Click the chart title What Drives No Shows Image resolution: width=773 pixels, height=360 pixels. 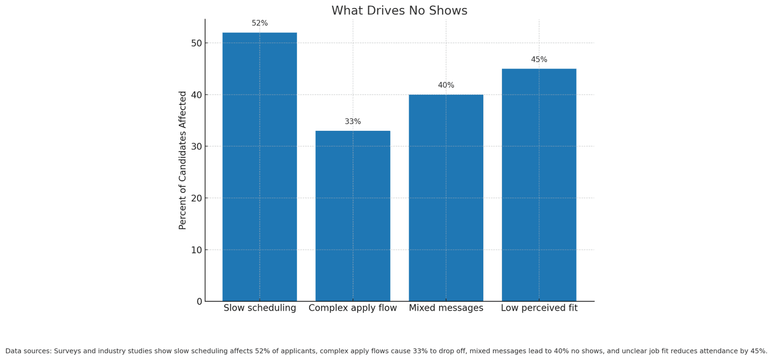pyautogui.click(x=399, y=11)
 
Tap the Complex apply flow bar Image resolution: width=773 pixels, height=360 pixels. pyautogui.click(x=353, y=216)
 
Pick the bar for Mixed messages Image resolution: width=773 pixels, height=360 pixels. pyautogui.click(x=446, y=198)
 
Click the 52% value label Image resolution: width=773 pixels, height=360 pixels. pyautogui.click(x=260, y=23)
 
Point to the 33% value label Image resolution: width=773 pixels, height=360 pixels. pyautogui.click(x=353, y=122)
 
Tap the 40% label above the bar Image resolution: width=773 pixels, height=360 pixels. pyautogui.click(x=446, y=85)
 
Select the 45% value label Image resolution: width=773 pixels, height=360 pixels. pyautogui.click(x=539, y=60)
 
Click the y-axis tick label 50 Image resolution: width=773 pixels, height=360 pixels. pyautogui.click(x=196, y=44)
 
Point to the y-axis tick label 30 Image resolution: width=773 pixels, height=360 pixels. pyautogui.click(x=196, y=147)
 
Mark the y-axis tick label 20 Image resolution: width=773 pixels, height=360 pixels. pyautogui.click(x=196, y=199)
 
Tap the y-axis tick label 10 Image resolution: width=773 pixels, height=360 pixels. pyautogui.click(x=196, y=250)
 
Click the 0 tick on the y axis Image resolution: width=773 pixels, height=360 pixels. pyautogui.click(x=199, y=302)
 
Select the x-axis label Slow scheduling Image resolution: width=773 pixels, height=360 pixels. pyautogui.click(x=260, y=308)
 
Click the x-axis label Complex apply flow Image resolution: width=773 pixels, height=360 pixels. pyautogui.click(x=353, y=308)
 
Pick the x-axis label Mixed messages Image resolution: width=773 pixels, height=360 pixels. pyautogui.click(x=446, y=308)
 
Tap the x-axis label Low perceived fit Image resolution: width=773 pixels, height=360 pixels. pyautogui.click(x=539, y=308)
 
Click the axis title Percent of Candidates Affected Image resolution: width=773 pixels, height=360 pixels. pyautogui.click(x=183, y=160)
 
